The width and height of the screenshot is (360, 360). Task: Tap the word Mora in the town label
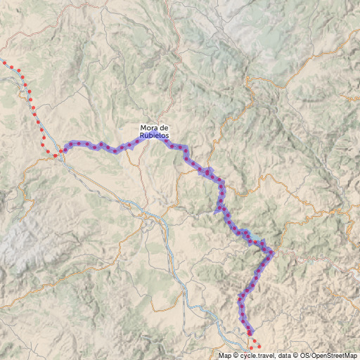click(x=149, y=127)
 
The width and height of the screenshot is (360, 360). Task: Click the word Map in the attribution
click(x=224, y=356)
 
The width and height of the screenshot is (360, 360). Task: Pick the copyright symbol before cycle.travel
click(x=236, y=356)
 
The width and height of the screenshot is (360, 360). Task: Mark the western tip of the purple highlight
click(x=65, y=149)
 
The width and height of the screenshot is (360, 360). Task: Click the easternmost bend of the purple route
click(x=272, y=252)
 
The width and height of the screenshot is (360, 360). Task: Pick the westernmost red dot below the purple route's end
click(x=250, y=348)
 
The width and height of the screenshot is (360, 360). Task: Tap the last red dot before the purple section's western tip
click(x=55, y=155)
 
